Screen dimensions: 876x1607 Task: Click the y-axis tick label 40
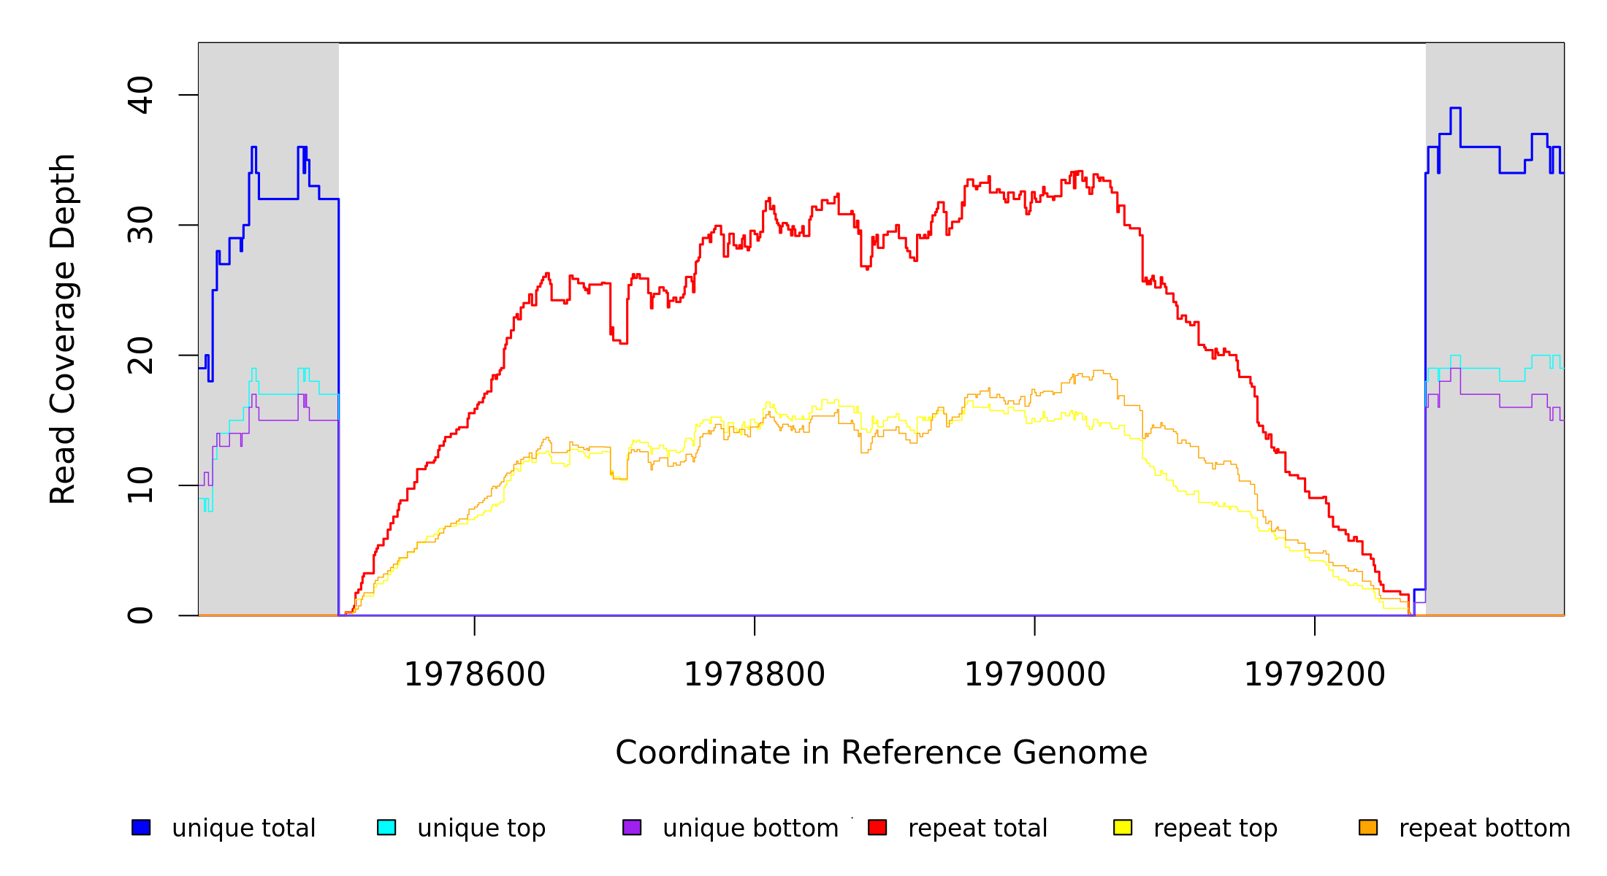click(x=140, y=95)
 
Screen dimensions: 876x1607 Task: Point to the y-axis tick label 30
click(x=140, y=225)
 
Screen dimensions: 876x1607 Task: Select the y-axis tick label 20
click(x=140, y=356)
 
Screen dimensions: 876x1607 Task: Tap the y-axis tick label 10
click(x=140, y=485)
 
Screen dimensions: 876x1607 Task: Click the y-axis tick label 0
click(x=140, y=615)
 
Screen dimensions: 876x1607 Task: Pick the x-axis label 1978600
click(x=475, y=675)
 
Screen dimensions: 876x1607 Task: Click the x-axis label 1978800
click(x=755, y=675)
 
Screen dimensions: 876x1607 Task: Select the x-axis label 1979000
click(x=1035, y=675)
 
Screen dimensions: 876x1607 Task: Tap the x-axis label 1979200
click(x=1315, y=675)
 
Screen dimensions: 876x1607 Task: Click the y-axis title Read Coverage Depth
click(x=63, y=328)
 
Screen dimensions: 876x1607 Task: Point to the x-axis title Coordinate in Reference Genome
click(x=881, y=753)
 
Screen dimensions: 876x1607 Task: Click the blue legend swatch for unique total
click(x=141, y=827)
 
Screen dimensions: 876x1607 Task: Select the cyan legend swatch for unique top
click(x=386, y=827)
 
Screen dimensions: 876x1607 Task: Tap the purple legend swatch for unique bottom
click(x=632, y=827)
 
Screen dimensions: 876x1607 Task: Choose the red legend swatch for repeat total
click(x=877, y=827)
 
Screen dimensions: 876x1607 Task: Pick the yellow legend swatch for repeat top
click(x=1123, y=827)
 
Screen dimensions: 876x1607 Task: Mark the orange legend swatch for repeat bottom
click(x=1368, y=827)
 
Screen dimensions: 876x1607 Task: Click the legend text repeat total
click(x=977, y=829)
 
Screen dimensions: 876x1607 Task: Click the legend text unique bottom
click(x=750, y=829)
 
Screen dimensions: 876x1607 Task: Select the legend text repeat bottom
click(x=1484, y=829)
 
